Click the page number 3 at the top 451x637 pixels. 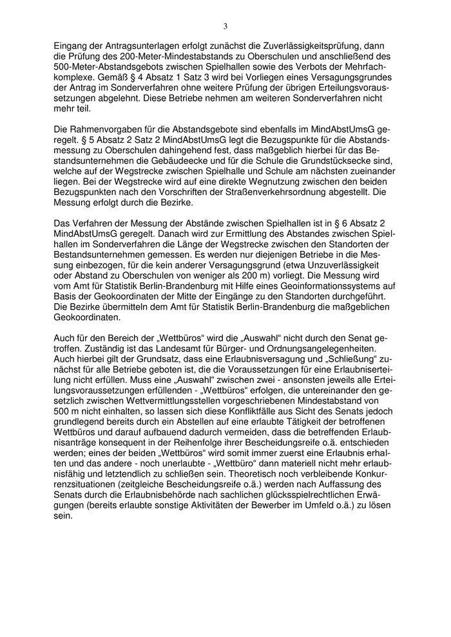(x=225, y=26)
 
